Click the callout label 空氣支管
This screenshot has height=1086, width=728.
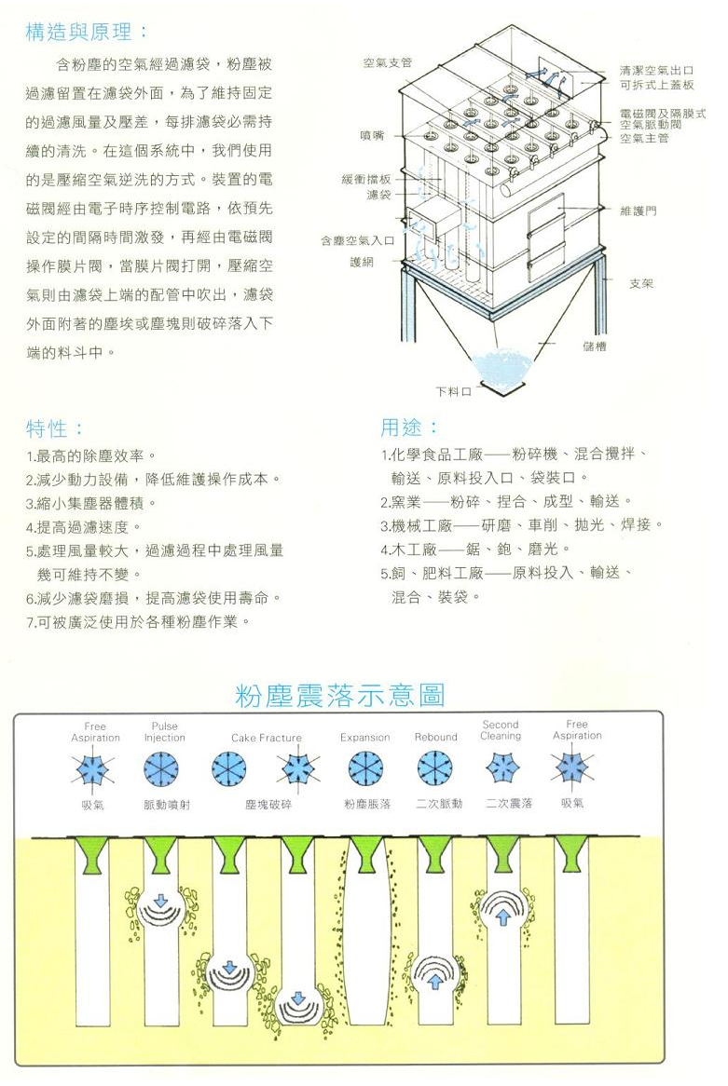[388, 63]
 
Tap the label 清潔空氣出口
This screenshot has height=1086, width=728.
[656, 71]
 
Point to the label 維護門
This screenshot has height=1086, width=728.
[638, 210]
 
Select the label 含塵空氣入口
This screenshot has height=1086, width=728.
[357, 240]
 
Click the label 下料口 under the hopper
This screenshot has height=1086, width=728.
[453, 391]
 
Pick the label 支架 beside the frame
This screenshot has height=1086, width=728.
[641, 283]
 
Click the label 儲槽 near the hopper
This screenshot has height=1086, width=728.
[594, 346]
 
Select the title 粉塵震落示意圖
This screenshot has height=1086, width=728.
[339, 696]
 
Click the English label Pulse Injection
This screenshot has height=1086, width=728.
[164, 732]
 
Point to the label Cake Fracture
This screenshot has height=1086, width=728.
[267, 739]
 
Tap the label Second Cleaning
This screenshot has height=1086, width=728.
[501, 730]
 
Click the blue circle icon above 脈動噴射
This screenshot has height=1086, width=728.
[161, 769]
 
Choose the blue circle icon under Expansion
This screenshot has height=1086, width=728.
[365, 768]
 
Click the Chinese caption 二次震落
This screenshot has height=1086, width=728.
[510, 804]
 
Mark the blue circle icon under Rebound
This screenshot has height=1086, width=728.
[434, 768]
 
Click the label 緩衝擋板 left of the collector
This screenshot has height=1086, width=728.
[366, 180]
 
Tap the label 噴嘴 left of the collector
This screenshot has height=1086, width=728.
[372, 136]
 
